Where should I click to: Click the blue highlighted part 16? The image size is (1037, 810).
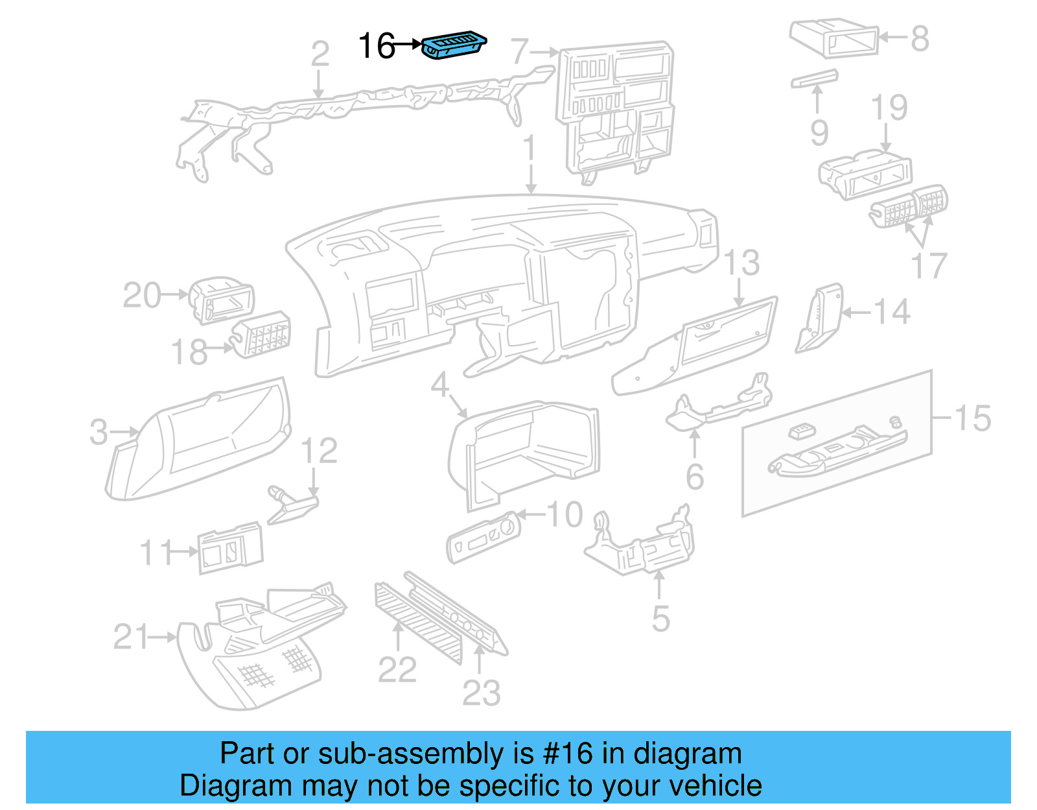454,45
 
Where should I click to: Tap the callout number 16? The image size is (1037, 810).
377,47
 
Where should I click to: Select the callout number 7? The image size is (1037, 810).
520,52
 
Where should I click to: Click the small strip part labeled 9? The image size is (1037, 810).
814,79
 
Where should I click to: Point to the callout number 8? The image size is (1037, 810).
920,39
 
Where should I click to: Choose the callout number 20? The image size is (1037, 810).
141,296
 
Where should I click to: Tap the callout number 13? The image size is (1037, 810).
741,263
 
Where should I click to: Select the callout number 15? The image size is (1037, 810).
972,418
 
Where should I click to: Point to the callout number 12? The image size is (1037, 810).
320,451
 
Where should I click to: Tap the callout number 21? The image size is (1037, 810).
131,637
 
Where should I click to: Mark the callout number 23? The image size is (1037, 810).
481,693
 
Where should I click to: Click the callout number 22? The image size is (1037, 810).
397,670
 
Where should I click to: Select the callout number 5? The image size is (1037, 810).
660,619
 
